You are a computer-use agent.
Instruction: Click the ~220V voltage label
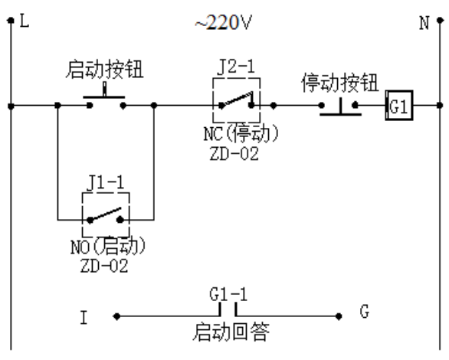point(224,21)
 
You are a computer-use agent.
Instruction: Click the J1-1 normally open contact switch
point(106,218)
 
